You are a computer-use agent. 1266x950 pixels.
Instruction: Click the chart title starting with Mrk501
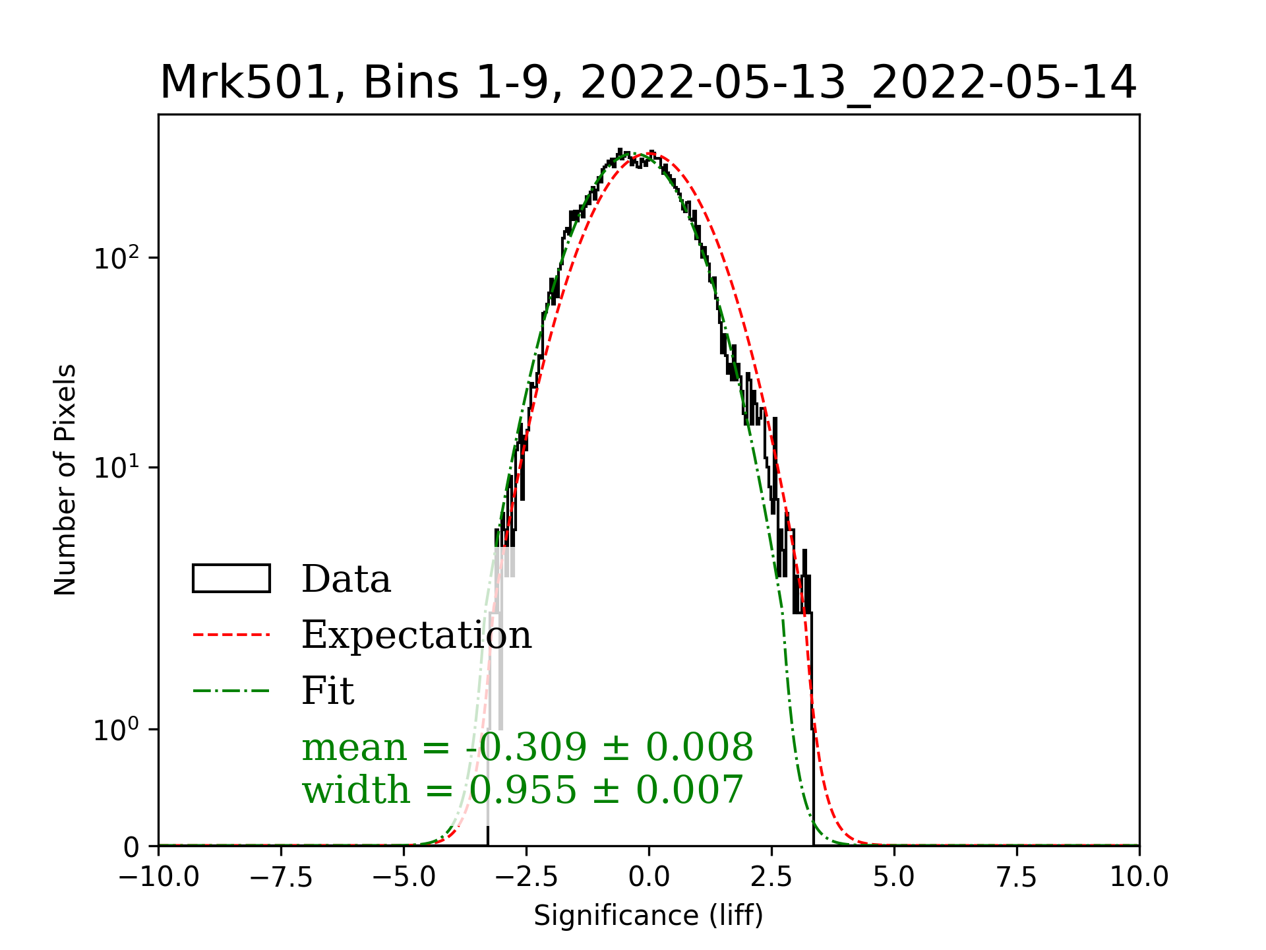click(648, 83)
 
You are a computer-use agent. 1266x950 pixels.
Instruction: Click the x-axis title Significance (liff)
click(648, 916)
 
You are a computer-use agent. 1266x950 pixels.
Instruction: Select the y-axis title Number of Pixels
click(65, 480)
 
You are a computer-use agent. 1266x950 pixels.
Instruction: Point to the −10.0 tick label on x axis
click(159, 877)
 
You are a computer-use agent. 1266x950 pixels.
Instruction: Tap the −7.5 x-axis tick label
click(282, 877)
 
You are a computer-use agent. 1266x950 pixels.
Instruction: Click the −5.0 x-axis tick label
click(404, 877)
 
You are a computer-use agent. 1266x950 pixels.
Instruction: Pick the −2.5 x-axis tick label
click(526, 877)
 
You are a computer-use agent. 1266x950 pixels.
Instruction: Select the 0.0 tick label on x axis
click(649, 877)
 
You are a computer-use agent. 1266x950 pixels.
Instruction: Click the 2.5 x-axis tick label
click(771, 877)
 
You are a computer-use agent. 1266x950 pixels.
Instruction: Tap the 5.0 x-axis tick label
click(894, 877)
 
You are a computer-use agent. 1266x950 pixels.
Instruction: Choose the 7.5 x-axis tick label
click(1017, 877)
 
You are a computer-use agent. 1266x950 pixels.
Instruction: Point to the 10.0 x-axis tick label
click(1139, 877)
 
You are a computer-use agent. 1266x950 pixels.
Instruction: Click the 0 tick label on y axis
click(132, 847)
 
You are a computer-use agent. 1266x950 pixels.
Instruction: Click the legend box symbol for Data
click(231, 579)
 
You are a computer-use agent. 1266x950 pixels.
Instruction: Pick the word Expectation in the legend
click(416, 635)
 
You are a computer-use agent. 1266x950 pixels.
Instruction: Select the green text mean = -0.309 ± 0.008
click(527, 747)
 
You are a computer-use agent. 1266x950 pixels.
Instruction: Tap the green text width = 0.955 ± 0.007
click(523, 790)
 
